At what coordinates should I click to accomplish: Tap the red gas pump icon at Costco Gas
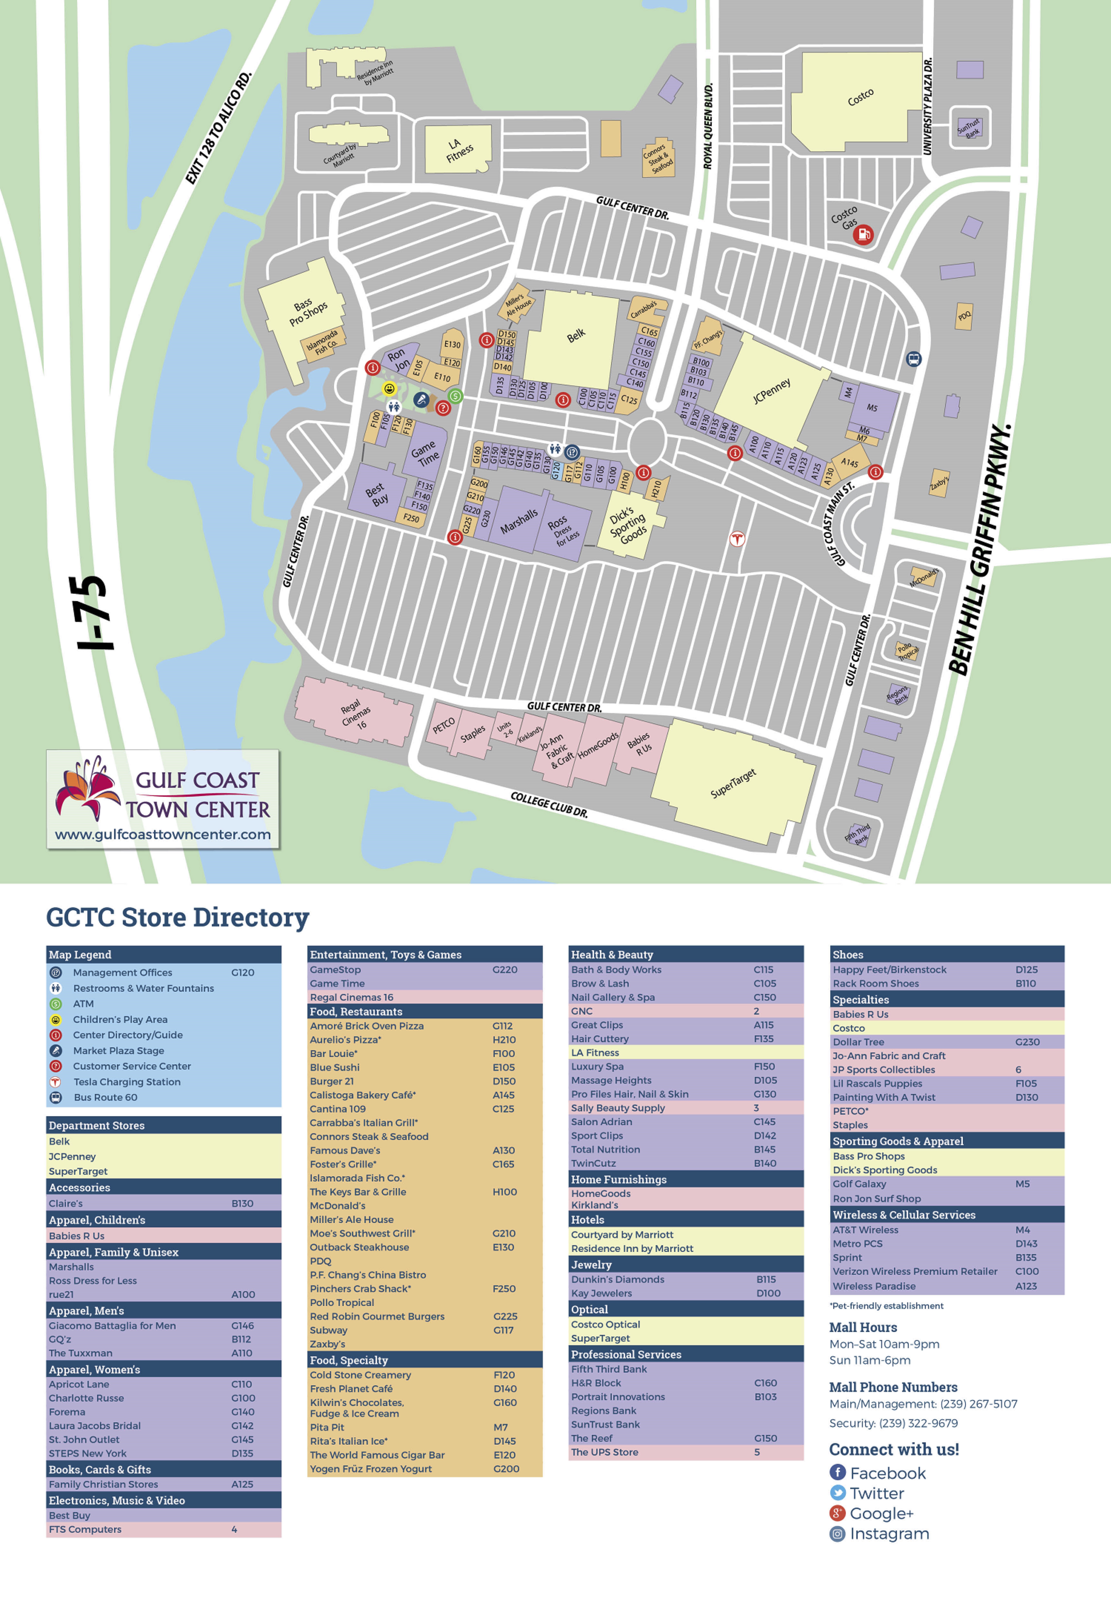(x=863, y=235)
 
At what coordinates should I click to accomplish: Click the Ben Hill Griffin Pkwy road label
(x=980, y=550)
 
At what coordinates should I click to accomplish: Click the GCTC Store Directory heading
(x=177, y=917)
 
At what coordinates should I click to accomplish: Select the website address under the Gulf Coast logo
(x=163, y=835)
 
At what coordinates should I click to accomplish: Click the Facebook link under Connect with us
(x=887, y=1473)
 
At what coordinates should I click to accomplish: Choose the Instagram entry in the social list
(x=888, y=1534)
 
